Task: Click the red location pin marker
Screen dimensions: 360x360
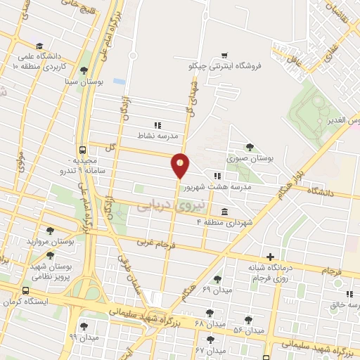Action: click(181, 165)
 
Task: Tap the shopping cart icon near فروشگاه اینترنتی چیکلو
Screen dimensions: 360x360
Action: click(224, 55)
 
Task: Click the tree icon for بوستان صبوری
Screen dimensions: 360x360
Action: click(250, 146)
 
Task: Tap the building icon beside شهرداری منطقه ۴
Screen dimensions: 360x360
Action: click(224, 212)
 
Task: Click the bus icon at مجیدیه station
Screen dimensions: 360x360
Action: click(84, 150)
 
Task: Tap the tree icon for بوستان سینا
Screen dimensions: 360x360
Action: click(84, 70)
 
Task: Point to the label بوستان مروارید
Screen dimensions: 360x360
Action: click(51, 241)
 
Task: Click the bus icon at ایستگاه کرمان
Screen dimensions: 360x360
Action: click(26, 290)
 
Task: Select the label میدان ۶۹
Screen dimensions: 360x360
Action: click(216, 290)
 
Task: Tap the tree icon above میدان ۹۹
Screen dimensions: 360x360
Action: click(84, 326)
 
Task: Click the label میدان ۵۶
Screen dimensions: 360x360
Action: click(248, 330)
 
